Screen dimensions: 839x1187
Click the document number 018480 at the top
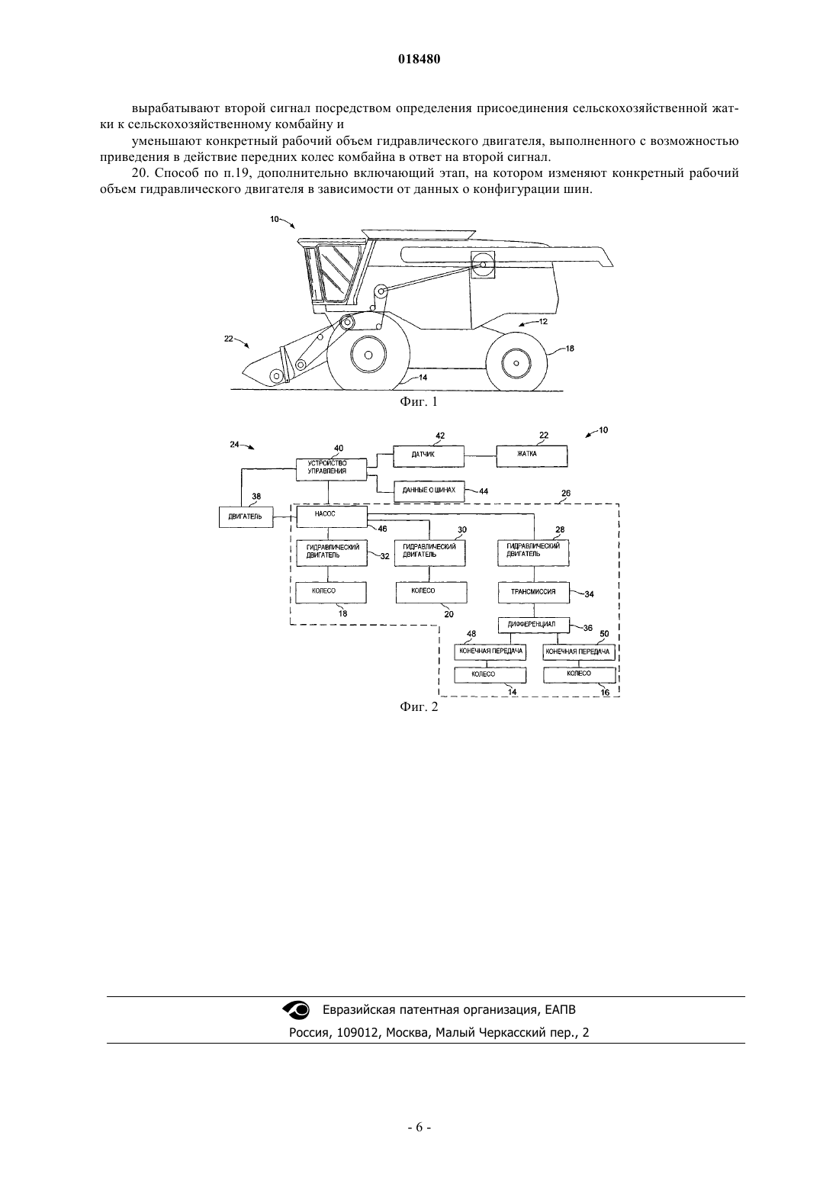point(419,60)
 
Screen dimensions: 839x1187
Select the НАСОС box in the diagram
point(332,516)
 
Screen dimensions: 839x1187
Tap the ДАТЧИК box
point(429,456)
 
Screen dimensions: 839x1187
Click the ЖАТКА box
point(532,456)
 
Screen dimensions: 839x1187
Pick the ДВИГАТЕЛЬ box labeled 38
point(246,517)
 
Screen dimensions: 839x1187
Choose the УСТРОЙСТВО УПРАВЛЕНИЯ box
point(332,469)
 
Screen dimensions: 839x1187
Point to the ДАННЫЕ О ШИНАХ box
point(429,491)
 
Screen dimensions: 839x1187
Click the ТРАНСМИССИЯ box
point(534,593)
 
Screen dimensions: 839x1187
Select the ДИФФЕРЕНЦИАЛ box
point(534,625)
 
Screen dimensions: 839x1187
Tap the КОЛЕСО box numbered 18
point(331,593)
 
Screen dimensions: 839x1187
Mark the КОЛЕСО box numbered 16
point(580,675)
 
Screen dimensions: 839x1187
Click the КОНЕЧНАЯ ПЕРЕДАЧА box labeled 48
point(490,652)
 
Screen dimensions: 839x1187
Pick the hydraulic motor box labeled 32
point(332,553)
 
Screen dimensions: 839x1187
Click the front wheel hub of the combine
point(368,354)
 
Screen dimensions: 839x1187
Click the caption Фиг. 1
point(419,402)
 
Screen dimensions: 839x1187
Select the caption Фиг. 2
point(419,707)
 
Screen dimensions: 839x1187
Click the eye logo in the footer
point(296,1010)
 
